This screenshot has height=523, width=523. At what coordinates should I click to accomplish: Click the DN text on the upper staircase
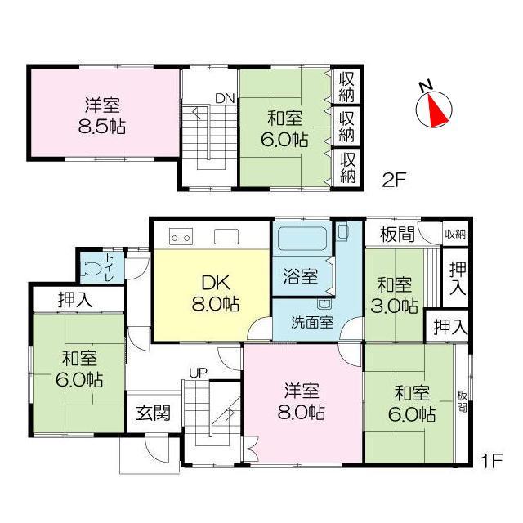coord(225,99)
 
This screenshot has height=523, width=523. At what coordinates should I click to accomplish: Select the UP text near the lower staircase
coord(198,373)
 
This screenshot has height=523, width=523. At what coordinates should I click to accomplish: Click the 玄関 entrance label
coord(153,412)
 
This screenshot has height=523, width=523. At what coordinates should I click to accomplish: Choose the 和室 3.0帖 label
coord(397,296)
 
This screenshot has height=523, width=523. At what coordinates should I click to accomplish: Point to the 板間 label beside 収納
coord(396,235)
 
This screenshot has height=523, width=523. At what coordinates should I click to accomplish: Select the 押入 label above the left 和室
coord(77,299)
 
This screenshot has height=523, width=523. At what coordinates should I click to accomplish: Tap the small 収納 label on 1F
coord(455,234)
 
